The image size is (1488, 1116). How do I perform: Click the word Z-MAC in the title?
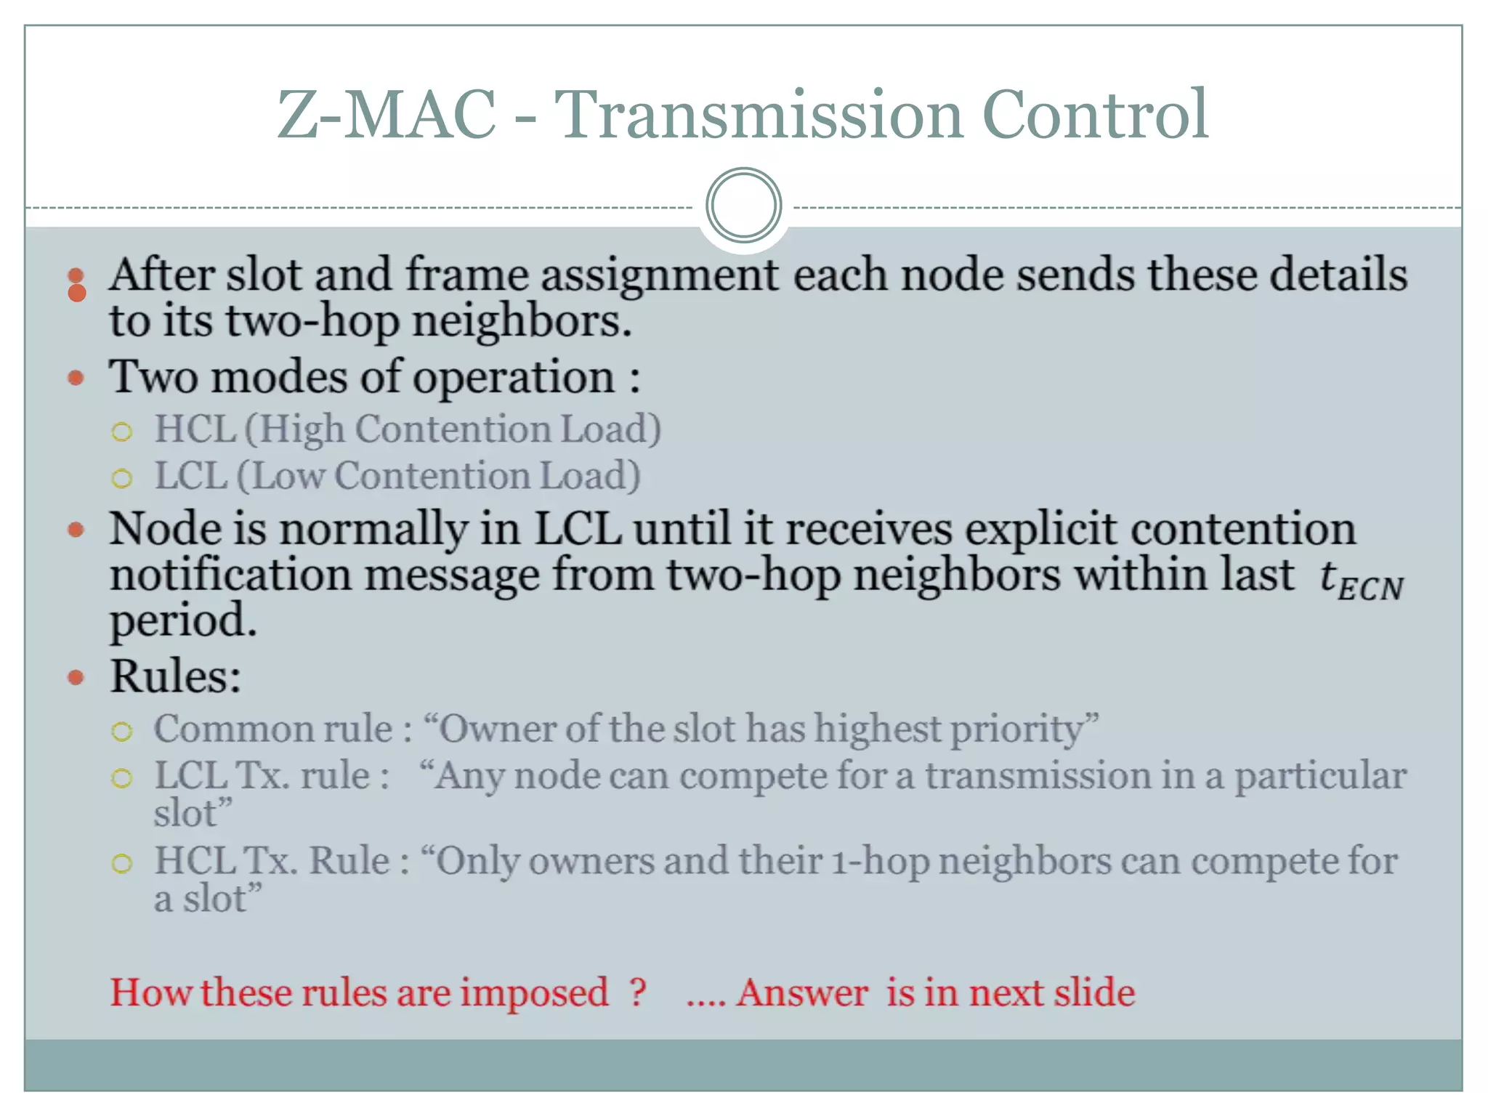[387, 115]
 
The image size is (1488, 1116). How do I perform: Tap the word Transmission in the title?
[759, 115]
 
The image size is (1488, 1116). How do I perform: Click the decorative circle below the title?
[743, 206]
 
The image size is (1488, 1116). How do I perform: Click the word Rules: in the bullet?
[175, 677]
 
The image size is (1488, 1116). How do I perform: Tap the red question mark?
[638, 992]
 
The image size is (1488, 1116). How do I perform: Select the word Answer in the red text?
[802, 992]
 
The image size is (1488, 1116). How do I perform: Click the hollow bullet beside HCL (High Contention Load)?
[122, 432]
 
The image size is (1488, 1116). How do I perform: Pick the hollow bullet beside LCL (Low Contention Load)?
[122, 479]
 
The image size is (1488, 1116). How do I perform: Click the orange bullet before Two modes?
[76, 378]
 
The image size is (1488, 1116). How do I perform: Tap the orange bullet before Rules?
[76, 678]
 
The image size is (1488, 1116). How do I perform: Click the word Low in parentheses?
[281, 477]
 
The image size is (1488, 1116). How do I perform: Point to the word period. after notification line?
[183, 622]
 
